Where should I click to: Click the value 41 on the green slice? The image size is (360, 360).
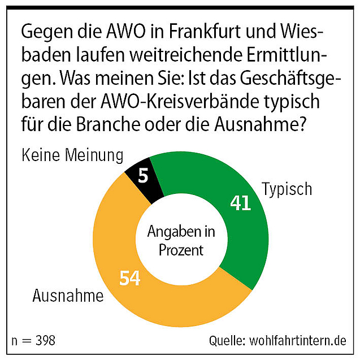tap(240, 203)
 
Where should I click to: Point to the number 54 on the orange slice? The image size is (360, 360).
tap(129, 278)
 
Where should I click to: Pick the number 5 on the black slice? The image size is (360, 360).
tap(143, 176)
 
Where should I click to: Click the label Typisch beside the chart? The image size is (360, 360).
tap(287, 189)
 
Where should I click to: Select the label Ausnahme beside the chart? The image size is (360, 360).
tap(68, 296)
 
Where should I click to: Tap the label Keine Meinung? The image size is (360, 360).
tap(72, 155)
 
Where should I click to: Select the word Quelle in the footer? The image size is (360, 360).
tap(225, 341)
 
